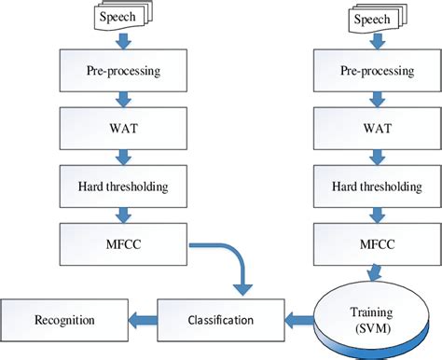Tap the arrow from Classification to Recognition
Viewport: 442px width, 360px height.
point(141,320)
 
